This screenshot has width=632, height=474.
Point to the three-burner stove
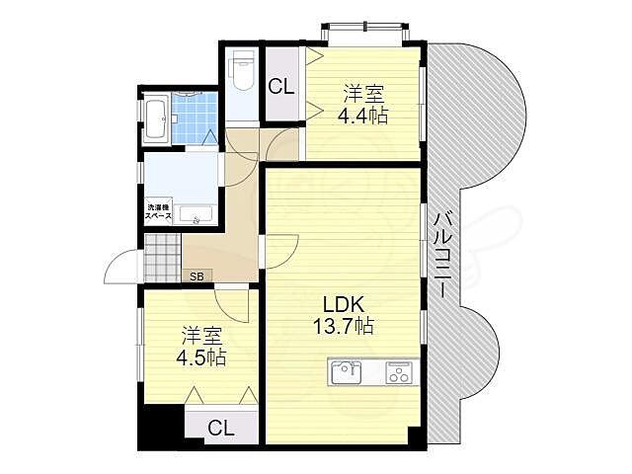click(398, 372)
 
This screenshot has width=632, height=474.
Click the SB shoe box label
click(197, 276)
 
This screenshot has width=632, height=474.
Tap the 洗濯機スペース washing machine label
click(158, 212)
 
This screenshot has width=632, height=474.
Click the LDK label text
click(344, 305)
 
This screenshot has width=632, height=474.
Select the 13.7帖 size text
click(344, 326)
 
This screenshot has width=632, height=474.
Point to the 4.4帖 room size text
click(362, 117)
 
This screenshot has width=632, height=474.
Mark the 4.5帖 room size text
click(201, 357)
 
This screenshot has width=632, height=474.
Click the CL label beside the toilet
click(281, 86)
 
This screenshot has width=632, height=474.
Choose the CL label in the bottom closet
click(221, 428)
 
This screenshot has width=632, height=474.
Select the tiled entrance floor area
click(162, 258)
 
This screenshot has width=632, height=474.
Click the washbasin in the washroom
click(196, 214)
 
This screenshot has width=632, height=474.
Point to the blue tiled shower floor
click(194, 118)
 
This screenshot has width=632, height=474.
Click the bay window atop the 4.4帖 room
click(365, 33)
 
